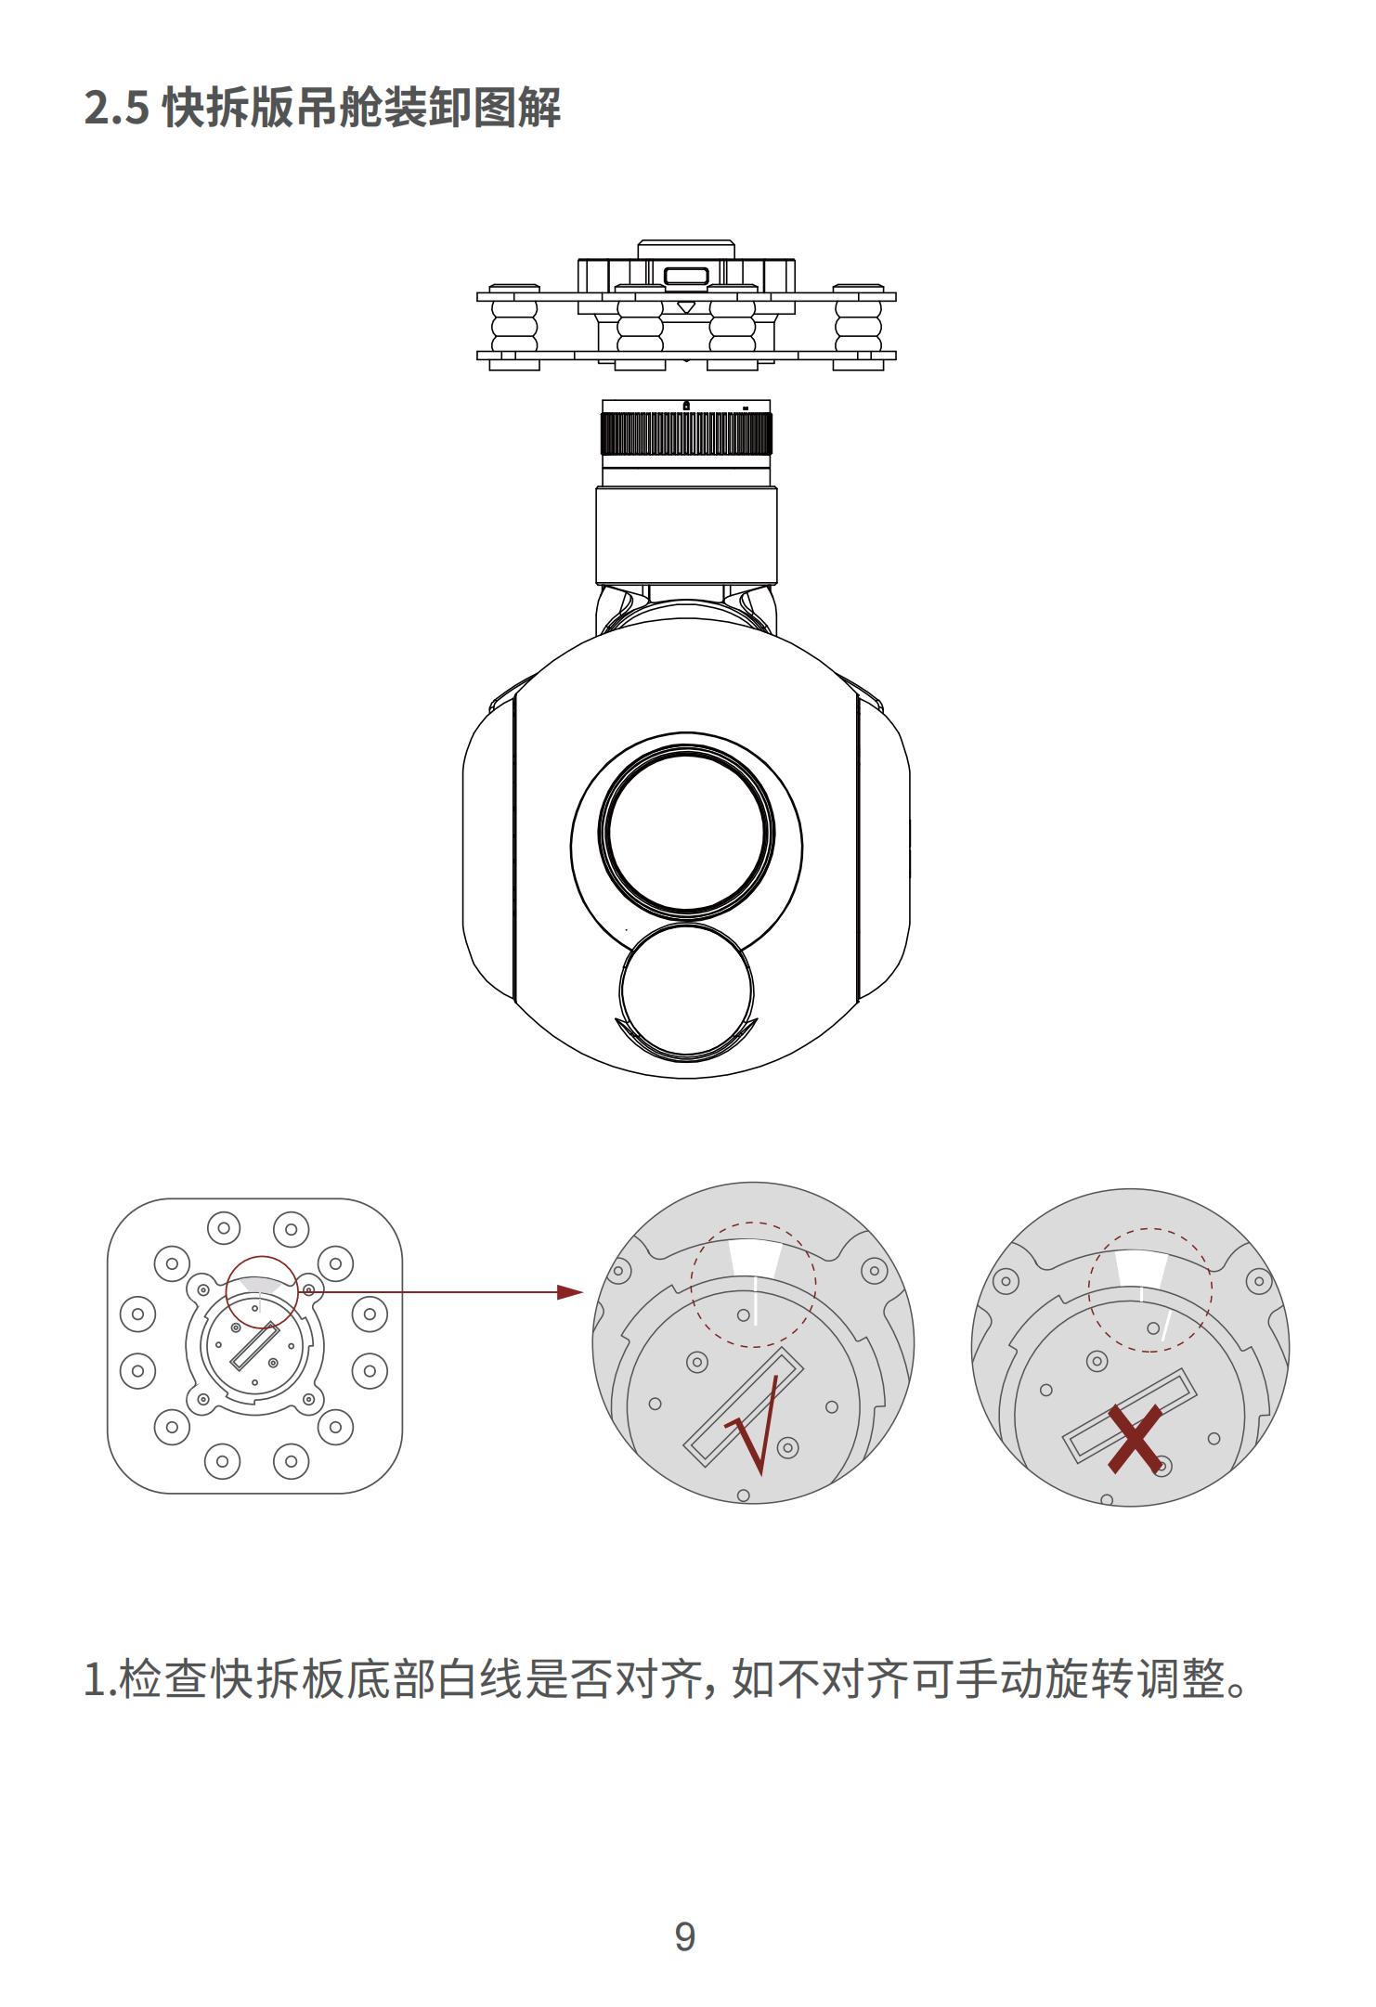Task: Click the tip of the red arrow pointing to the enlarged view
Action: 583,1291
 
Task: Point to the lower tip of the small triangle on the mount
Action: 686,312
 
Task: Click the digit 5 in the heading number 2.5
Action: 136,109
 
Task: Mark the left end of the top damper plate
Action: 477,297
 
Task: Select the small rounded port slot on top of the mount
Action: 686,275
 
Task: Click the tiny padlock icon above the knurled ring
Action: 686,405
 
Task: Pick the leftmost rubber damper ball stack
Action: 514,327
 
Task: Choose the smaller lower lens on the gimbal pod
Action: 686,991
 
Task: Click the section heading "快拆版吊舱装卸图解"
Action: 361,108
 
